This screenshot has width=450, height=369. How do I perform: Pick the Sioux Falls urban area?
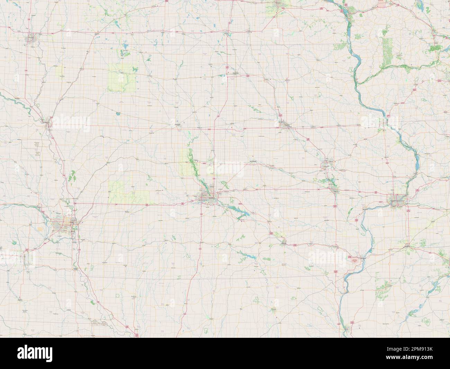[x=31, y=37]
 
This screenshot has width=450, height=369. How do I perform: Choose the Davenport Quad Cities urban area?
[x=396, y=201]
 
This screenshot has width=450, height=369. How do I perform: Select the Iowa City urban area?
[x=335, y=190]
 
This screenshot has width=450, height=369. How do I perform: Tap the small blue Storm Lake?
[x=118, y=113]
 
